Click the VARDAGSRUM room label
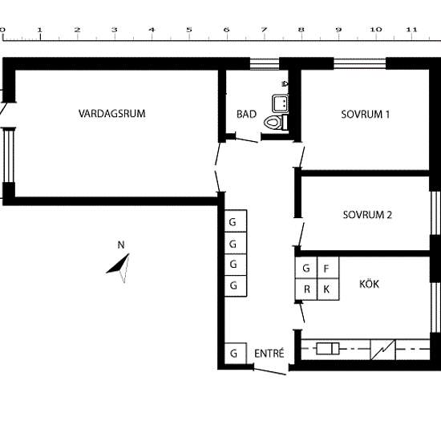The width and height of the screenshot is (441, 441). [x=112, y=114]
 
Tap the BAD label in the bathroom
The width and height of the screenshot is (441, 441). [x=246, y=114]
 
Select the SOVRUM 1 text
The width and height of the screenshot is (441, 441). [x=366, y=115]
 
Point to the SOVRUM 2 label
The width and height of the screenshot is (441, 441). [x=367, y=215]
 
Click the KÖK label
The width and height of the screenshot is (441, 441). [x=369, y=284]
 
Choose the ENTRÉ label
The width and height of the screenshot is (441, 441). [x=269, y=354]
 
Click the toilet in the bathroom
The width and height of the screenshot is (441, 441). [x=276, y=122]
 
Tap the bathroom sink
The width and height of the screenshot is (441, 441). [x=280, y=103]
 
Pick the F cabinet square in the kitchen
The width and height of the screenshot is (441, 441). [x=328, y=268]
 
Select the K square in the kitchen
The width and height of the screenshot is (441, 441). [x=328, y=289]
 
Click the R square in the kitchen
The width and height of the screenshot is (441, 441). [x=306, y=289]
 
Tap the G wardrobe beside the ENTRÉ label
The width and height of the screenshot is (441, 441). [x=236, y=354]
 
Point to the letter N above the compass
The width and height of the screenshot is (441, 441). [x=121, y=245]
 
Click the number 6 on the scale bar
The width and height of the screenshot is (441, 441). [x=226, y=30]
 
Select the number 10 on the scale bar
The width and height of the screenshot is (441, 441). [x=376, y=30]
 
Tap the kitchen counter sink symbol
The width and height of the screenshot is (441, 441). [x=328, y=349]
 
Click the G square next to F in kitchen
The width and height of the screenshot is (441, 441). [x=306, y=268]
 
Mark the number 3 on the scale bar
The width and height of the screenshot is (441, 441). [x=114, y=30]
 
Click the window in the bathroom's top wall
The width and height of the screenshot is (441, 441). [x=265, y=64]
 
